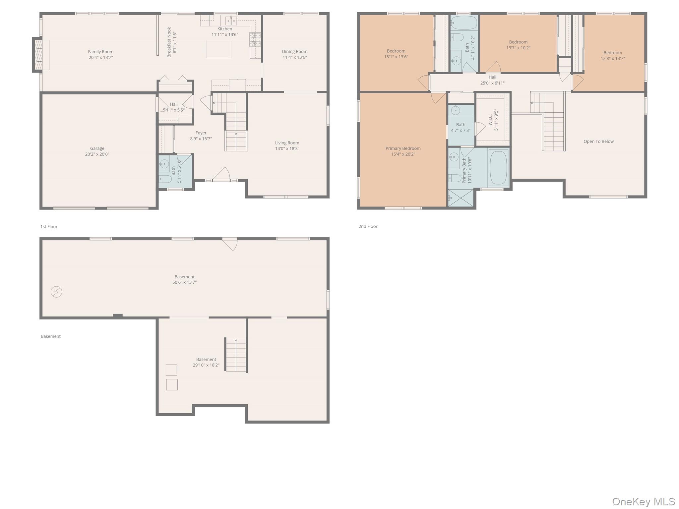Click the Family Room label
coord(101,52)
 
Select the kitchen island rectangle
coord(218,49)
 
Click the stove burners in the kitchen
coord(255,40)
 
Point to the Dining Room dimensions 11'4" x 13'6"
coord(295,57)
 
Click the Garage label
coord(97,148)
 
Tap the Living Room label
coord(287,143)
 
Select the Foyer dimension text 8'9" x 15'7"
coord(201,139)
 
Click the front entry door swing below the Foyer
coord(221,174)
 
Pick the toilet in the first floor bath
coord(165,179)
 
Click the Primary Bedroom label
coord(403,148)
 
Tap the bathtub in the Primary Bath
coord(498,168)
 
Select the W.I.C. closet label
coord(490,120)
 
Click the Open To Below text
coord(598,141)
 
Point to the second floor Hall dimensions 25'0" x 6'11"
coord(492,83)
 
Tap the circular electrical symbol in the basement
coord(56,292)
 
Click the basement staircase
coord(236,355)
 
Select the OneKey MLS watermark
coord(644,501)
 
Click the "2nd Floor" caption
coord(368,227)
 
